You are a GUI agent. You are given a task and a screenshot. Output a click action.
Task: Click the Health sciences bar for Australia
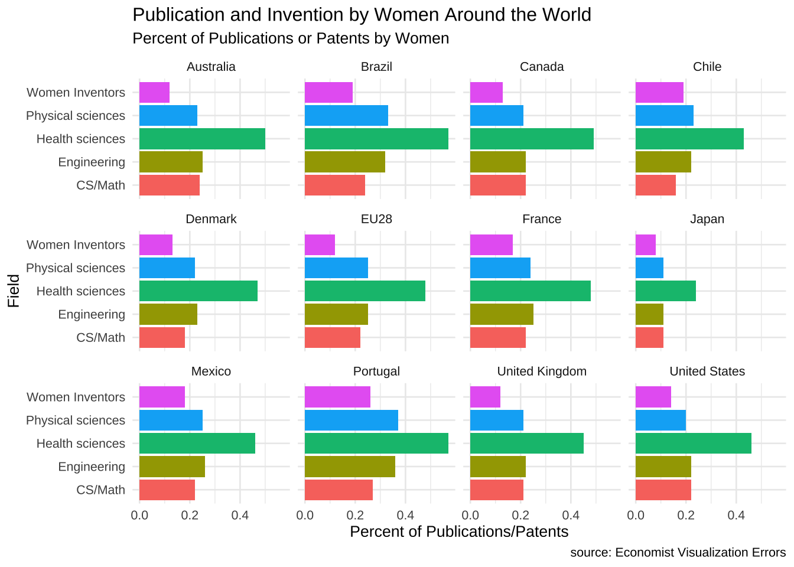pyautogui.click(x=202, y=139)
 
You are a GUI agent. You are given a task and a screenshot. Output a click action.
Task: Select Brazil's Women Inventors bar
pyautogui.click(x=328, y=93)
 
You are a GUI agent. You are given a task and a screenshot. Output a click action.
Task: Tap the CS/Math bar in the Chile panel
pyautogui.click(x=655, y=185)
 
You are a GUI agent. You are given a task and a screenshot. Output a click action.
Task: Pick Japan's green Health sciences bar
pyautogui.click(x=666, y=291)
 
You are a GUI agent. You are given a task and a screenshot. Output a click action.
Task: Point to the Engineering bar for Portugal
pyautogui.click(x=350, y=467)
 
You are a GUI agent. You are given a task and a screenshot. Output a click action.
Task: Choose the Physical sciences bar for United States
pyautogui.click(x=660, y=421)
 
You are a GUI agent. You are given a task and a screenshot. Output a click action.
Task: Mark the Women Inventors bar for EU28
pyautogui.click(x=320, y=245)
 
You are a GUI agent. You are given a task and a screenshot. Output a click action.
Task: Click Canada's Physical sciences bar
pyautogui.click(x=497, y=116)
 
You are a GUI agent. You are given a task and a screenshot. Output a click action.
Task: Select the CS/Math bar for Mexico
pyautogui.click(x=167, y=490)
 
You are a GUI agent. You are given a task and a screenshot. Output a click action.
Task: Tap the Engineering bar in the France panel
pyautogui.click(x=502, y=314)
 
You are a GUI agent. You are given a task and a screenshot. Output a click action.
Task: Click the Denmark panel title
pyautogui.click(x=211, y=219)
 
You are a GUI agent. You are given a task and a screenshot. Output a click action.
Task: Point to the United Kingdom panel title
pyautogui.click(x=542, y=372)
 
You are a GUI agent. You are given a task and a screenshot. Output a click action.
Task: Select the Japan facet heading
pyautogui.click(x=707, y=219)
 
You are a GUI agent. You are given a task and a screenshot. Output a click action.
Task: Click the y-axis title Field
pyautogui.click(x=14, y=290)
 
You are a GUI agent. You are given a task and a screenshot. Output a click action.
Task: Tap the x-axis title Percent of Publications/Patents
pyautogui.click(x=459, y=532)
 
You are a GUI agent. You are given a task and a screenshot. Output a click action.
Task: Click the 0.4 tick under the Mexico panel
pyautogui.click(x=240, y=514)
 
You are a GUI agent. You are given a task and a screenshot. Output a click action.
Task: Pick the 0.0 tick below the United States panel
pyautogui.click(x=636, y=514)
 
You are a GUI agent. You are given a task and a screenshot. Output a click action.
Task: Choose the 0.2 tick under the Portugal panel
pyautogui.click(x=355, y=514)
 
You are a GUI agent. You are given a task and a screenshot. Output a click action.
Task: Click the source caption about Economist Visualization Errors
pyautogui.click(x=678, y=552)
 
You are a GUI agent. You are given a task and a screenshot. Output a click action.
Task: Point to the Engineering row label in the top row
pyautogui.click(x=92, y=162)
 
